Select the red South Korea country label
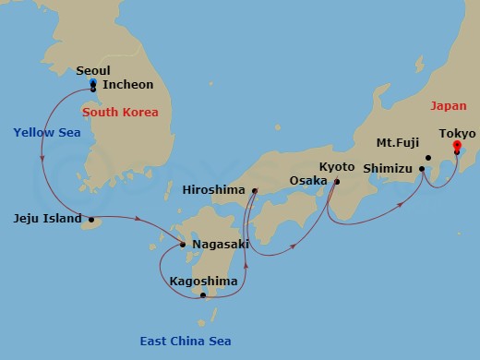click(120, 112)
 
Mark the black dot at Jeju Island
click(90, 220)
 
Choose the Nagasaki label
click(221, 245)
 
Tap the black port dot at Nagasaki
click(183, 245)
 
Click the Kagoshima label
click(203, 281)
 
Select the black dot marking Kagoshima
click(203, 295)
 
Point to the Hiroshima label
click(214, 189)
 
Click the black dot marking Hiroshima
click(254, 191)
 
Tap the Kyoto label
click(336, 167)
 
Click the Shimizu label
click(388, 169)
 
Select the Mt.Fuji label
click(399, 144)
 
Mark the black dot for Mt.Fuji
click(427, 158)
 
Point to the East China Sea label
click(186, 342)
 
